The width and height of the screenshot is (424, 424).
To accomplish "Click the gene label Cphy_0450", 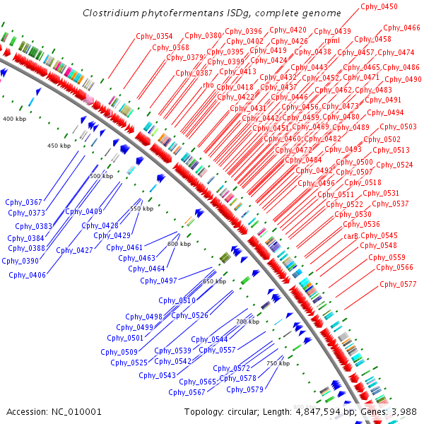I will (x=379, y=6).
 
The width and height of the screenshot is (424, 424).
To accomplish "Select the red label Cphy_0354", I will (x=154, y=36).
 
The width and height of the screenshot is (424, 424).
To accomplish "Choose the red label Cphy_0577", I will (x=398, y=284).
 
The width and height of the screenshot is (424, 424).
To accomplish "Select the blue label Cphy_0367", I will (x=24, y=202).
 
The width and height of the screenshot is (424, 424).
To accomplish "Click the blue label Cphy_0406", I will (x=28, y=275).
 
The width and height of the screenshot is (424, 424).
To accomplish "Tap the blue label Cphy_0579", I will (x=245, y=389).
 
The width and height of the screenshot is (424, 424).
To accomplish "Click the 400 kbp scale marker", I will (x=13, y=119).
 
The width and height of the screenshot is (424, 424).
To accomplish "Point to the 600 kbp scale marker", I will (x=179, y=244).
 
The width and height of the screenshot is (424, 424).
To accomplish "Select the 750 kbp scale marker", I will (x=278, y=363).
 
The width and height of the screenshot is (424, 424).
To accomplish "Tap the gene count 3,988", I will (x=404, y=411).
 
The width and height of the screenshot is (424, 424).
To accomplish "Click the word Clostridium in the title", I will (x=107, y=13).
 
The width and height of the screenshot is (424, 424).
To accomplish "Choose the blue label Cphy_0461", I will (x=124, y=247).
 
